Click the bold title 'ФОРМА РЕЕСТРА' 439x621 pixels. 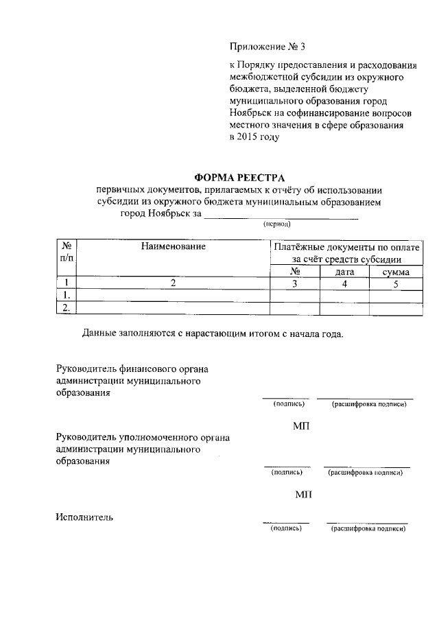[239, 178]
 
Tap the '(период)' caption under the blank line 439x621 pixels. [277, 224]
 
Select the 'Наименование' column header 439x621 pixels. [174, 246]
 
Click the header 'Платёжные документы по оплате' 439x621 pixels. [346, 246]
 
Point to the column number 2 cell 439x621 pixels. [174, 283]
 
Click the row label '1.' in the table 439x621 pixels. [67, 296]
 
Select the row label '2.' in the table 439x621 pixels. [67, 308]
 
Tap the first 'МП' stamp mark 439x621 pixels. [302, 427]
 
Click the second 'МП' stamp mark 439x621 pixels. [302, 495]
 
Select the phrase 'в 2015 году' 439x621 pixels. [254, 137]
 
